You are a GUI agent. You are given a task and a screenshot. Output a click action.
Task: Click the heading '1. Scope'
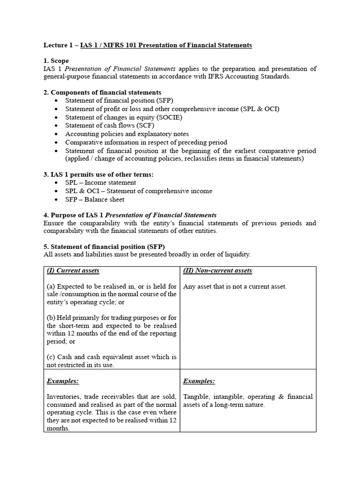(x=56, y=61)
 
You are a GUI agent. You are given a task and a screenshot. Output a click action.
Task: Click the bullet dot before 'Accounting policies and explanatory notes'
(x=57, y=134)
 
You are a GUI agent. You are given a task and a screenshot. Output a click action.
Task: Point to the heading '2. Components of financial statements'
(x=102, y=92)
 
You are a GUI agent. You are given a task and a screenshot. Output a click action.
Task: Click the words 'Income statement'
(x=111, y=182)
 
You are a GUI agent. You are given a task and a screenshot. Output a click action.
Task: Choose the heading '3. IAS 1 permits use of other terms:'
(x=98, y=174)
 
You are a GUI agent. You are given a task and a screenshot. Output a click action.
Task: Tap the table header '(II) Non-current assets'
(x=217, y=271)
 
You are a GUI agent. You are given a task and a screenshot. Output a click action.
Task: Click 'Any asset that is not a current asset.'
(x=235, y=286)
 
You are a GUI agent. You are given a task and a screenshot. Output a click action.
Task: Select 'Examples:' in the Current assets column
(x=63, y=381)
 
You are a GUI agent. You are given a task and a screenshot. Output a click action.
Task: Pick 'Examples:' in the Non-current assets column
(x=199, y=381)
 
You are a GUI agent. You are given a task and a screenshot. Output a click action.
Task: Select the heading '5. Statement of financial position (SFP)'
(x=104, y=247)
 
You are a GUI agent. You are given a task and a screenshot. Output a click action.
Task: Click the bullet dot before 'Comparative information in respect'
(x=57, y=142)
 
